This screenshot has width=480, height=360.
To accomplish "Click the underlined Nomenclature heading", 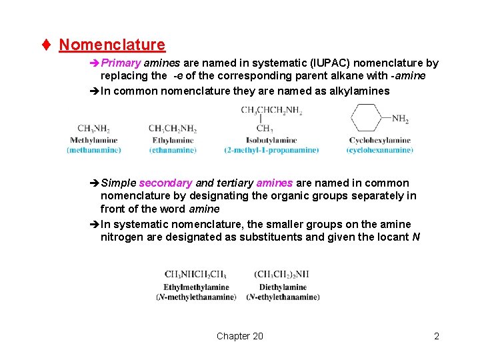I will point(112,45).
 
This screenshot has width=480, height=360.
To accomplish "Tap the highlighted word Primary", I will point(121,63).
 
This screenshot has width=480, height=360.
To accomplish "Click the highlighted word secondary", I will point(165,183).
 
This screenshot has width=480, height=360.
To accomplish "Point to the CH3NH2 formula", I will point(93,129).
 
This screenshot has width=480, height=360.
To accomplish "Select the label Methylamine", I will point(93,140).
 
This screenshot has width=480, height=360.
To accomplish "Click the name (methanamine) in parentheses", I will point(93,150).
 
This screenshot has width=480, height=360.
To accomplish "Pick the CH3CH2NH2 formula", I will point(173,129).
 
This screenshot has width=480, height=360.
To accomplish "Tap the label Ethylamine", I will point(173,140).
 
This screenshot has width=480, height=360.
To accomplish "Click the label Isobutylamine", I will point(271,140).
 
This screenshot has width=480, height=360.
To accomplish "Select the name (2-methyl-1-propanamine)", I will point(271,150).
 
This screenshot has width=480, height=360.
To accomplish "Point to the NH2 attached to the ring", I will point(400,119).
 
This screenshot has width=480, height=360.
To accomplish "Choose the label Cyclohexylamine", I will point(379,140).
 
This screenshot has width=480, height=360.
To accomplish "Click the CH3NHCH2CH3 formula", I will point(195,275).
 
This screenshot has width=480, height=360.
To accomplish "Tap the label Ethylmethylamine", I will point(196,287).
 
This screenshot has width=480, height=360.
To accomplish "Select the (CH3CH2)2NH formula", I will point(281,275).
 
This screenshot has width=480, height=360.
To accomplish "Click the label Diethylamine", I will point(283,287).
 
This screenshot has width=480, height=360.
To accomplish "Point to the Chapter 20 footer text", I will point(239,336).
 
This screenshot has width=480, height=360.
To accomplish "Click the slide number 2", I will point(437,336).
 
